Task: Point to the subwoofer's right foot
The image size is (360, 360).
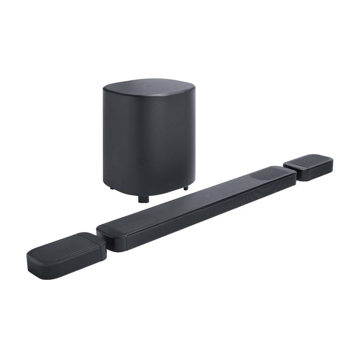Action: (x=186, y=188)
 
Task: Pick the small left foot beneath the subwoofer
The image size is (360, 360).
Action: (x=112, y=188)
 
